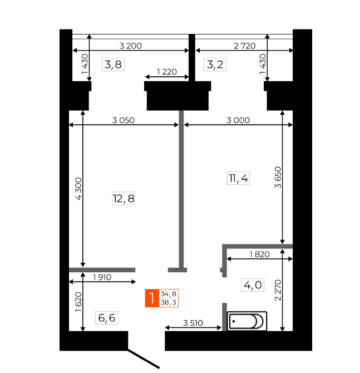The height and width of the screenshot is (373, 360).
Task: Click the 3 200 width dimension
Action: click(x=131, y=46)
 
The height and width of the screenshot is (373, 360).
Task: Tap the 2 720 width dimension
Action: click(x=244, y=46)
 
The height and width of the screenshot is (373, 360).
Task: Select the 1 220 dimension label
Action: click(x=167, y=72)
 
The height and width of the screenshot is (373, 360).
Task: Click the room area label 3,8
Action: click(x=113, y=65)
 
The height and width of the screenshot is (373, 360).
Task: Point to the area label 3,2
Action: click(x=215, y=65)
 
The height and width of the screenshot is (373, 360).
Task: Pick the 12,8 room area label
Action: click(x=124, y=198)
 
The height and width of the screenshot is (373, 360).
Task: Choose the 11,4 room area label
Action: click(x=238, y=178)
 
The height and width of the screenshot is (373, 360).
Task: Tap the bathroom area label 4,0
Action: click(x=253, y=284)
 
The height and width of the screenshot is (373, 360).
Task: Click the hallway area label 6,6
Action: click(x=107, y=318)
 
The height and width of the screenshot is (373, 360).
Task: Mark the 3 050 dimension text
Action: click(x=124, y=120)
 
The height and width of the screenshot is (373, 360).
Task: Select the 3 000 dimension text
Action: click(x=238, y=120)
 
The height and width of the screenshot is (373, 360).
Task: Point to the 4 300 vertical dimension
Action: click(x=78, y=189)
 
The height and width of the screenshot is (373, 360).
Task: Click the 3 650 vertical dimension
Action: click(x=278, y=178)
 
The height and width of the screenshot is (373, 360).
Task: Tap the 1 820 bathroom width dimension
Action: click(x=259, y=254)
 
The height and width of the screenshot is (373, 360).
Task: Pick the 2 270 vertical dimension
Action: click(x=278, y=290)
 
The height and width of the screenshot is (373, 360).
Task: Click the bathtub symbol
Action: click(x=247, y=321)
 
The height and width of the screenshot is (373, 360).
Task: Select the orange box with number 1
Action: click(x=152, y=298)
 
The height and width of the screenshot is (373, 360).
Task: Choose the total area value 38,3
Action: click(x=169, y=303)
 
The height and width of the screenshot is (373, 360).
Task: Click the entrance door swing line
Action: click(x=144, y=359)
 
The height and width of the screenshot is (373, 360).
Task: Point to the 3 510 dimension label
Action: click(x=193, y=323)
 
